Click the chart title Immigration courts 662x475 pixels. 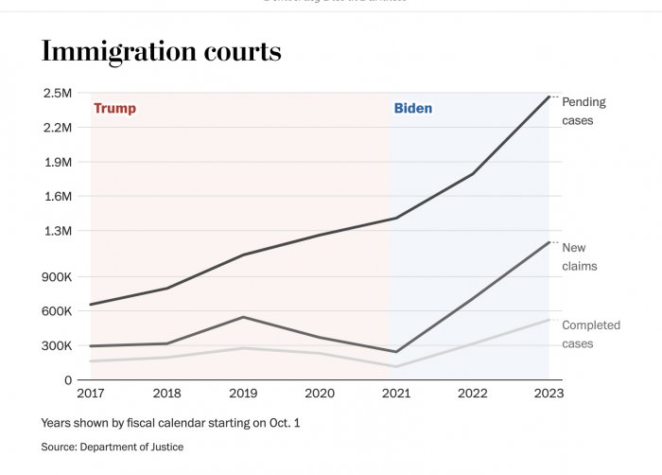(161, 51)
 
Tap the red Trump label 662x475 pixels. (114, 109)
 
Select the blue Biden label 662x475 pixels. (412, 109)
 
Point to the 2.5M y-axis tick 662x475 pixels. (58, 93)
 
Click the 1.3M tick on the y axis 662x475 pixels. (58, 231)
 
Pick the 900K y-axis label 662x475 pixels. (56, 277)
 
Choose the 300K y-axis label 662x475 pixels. (56, 346)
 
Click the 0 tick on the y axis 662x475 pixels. (68, 380)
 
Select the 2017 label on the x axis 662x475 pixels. (91, 393)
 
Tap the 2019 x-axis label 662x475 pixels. (244, 393)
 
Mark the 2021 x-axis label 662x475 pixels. (396, 393)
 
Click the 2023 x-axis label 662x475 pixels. (549, 393)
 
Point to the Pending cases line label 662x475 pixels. (584, 111)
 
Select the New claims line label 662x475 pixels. (580, 256)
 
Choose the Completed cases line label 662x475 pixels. (591, 334)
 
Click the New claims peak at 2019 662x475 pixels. (244, 317)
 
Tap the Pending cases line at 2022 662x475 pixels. (473, 174)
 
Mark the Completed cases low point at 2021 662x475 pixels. (396, 366)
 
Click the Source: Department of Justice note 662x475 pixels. (113, 447)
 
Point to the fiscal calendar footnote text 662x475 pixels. (170, 422)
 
